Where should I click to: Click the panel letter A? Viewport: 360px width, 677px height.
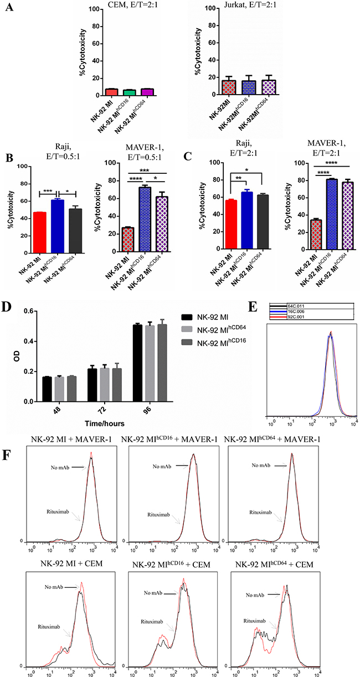[9, 11]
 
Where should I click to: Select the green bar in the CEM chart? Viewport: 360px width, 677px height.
[128, 92]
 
